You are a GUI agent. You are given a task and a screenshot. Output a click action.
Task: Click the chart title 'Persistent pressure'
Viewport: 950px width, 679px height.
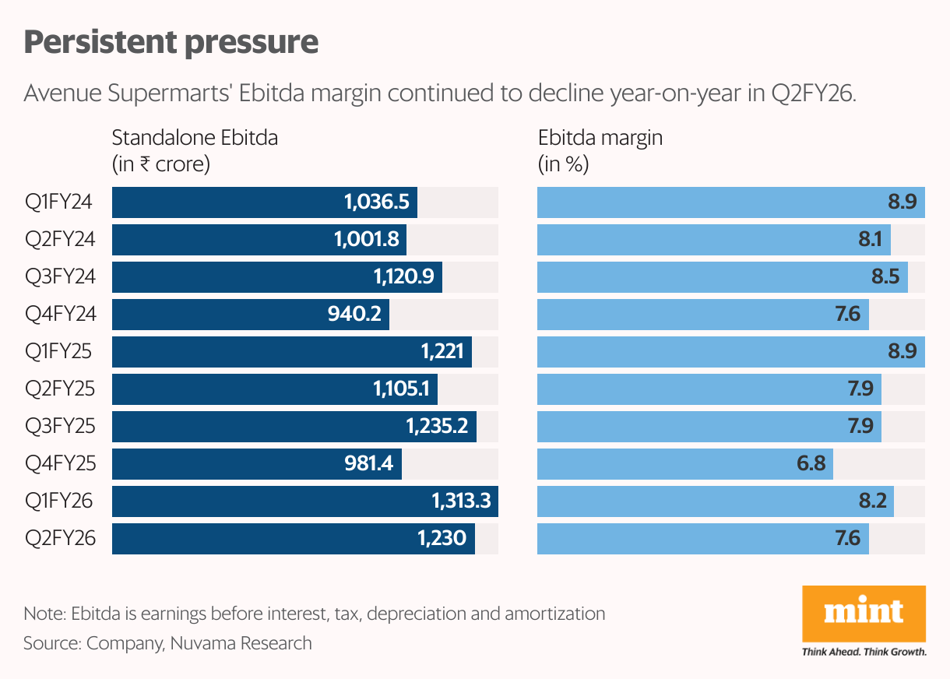coord(171,42)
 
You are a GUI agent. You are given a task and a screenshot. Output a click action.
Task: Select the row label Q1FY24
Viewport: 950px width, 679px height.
coord(59,202)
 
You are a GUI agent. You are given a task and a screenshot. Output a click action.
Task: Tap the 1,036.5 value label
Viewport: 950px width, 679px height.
coord(376,202)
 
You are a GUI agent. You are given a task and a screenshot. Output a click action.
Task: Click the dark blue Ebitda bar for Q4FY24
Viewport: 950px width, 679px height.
coord(250,315)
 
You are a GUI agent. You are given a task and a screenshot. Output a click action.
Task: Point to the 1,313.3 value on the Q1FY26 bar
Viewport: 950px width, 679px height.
coord(461,501)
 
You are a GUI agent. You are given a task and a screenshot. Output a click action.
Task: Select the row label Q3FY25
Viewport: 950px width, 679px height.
coord(60,427)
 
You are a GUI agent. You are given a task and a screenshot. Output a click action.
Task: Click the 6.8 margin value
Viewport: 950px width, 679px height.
coord(811,464)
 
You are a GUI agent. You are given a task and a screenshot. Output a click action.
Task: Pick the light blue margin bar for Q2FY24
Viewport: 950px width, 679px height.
coord(713,240)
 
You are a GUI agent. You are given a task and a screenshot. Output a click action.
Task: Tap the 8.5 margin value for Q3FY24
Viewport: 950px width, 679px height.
coord(885,277)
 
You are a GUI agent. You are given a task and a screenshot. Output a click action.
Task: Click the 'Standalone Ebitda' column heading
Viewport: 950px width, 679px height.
coord(195,139)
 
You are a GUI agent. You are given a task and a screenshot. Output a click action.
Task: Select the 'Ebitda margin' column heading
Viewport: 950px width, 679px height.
coord(600,139)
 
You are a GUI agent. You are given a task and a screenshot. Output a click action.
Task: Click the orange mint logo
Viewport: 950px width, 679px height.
coord(864,612)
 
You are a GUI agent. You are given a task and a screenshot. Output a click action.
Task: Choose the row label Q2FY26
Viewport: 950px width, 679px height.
coord(60,539)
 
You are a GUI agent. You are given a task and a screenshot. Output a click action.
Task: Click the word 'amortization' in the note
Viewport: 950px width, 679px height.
coord(554,614)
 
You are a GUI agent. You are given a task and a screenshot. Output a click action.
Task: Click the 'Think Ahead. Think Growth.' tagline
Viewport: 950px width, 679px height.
coord(864,652)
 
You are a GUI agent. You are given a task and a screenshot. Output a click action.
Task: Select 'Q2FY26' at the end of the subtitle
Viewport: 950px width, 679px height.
coord(812,94)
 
